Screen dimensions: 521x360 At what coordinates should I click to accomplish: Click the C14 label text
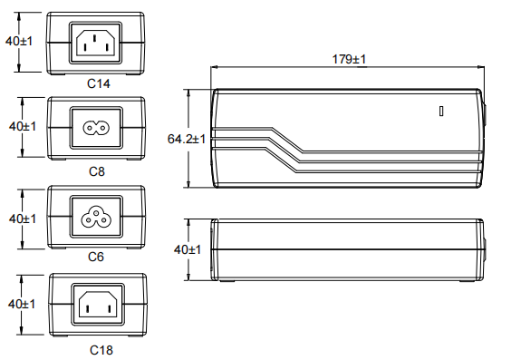(99, 83)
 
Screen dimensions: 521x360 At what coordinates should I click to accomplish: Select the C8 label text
(97, 171)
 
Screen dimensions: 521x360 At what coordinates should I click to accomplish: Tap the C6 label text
(96, 257)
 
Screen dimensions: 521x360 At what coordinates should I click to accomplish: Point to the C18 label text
(101, 350)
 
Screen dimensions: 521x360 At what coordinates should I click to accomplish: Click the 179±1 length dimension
(349, 59)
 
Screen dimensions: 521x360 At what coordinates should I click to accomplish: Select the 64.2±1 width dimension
(187, 139)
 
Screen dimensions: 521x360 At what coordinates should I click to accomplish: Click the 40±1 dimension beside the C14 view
(19, 41)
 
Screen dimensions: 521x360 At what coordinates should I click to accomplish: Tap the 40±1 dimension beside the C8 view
(23, 126)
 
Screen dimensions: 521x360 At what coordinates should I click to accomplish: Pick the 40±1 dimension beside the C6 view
(23, 219)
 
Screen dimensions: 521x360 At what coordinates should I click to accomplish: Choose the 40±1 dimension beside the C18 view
(22, 304)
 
